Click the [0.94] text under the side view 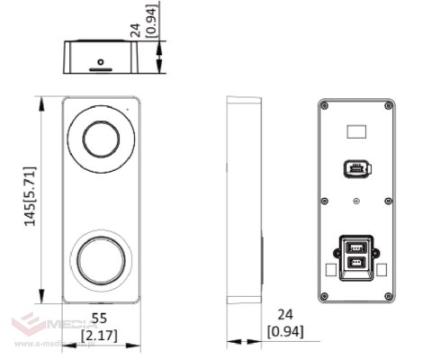point(285,331)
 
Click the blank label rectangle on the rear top point(357,131)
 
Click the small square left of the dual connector point(329,269)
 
